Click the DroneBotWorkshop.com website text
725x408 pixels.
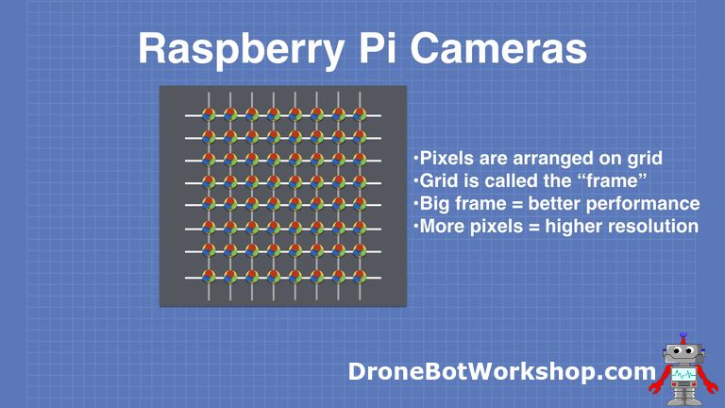[x=501, y=372]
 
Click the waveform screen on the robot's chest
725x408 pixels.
[x=684, y=377]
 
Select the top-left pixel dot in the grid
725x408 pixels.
[x=209, y=114]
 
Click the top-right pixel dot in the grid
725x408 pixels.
[x=359, y=114]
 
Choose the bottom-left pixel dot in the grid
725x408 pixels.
[x=209, y=278]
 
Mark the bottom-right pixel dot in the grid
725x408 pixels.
[x=359, y=278]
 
